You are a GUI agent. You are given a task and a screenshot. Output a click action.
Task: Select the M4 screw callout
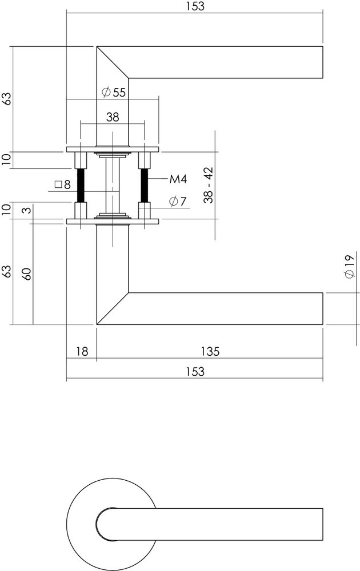click(x=178, y=180)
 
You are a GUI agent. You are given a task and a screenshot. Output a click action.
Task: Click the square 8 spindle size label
click(x=63, y=184)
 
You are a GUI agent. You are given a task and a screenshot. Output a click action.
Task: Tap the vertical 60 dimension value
click(x=26, y=272)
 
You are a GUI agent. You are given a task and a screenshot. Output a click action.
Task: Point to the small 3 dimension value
click(x=26, y=211)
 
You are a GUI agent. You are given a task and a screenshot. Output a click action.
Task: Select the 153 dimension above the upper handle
click(x=195, y=6)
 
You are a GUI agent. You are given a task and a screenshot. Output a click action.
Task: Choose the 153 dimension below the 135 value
click(x=195, y=372)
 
